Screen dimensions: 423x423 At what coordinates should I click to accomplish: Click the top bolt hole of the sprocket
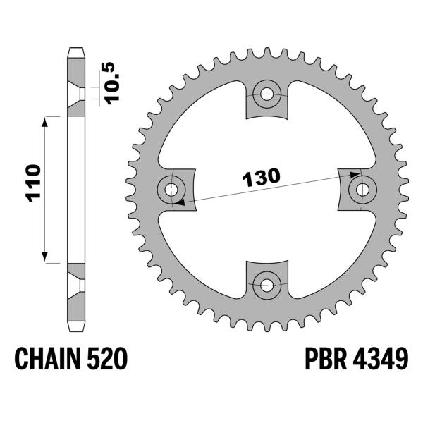(266, 93)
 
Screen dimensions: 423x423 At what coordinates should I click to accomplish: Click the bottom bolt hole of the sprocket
(266, 285)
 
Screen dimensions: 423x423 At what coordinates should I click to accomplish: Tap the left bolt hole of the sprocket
(171, 189)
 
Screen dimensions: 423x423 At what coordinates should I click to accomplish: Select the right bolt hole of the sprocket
(363, 189)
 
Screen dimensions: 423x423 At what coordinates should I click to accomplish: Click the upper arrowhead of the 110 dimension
(46, 122)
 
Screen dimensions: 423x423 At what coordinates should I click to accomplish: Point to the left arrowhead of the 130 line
(178, 202)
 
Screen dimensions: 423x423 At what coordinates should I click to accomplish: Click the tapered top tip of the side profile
(75, 51)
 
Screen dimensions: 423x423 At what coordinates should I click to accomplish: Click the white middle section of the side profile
(75, 189)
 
